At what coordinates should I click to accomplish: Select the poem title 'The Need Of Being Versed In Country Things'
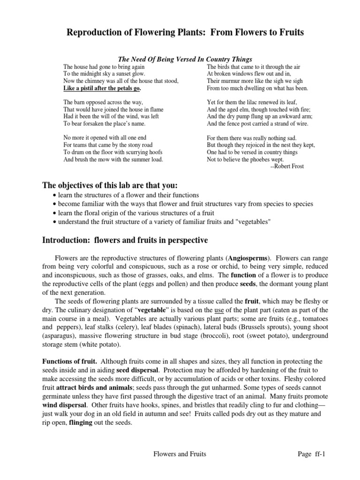pyautogui.click(x=185, y=60)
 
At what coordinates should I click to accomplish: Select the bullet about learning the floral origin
pyautogui.click(x=144, y=213)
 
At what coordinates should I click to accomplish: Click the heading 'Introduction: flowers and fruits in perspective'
pyautogui.click(x=125, y=240)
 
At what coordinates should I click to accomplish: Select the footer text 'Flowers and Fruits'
pyautogui.click(x=180, y=454)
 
